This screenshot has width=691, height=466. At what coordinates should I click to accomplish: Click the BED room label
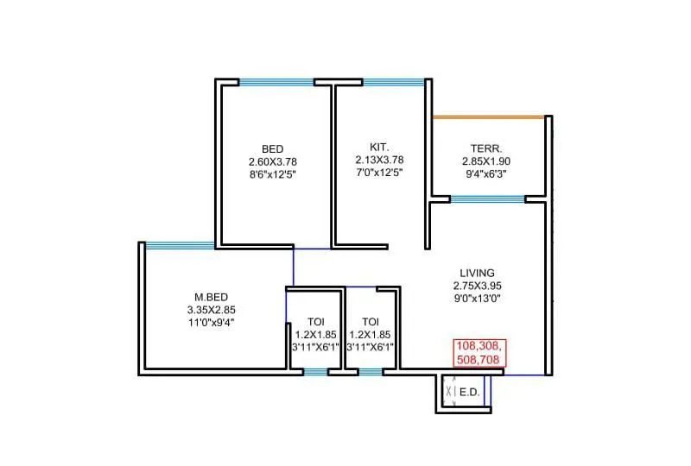[272, 148]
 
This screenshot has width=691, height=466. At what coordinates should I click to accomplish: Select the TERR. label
[486, 148]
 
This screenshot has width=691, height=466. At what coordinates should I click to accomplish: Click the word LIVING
[477, 272]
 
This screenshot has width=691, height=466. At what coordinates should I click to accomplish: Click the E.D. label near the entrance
[469, 392]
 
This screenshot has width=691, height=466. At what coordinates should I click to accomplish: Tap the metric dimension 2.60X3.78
[272, 161]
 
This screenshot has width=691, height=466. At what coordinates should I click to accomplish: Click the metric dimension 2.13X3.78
[378, 160]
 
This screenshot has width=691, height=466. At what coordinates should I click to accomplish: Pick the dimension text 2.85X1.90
[486, 161]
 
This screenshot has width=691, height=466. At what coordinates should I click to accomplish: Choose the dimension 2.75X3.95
[477, 286]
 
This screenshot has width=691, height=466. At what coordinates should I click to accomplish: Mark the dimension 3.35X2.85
[211, 309]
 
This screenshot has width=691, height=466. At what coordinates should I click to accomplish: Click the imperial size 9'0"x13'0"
[477, 299]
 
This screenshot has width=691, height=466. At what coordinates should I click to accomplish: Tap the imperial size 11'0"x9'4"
[211, 322]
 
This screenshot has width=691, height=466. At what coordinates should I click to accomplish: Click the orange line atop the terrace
[488, 116]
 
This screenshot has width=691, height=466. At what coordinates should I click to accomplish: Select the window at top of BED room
[276, 83]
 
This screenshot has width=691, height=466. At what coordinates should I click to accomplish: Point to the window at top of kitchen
[392, 83]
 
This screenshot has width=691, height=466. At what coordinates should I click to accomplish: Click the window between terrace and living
[488, 199]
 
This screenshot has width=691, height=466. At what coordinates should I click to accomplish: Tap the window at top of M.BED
[180, 245]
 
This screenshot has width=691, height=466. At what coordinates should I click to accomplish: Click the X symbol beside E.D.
[449, 393]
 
